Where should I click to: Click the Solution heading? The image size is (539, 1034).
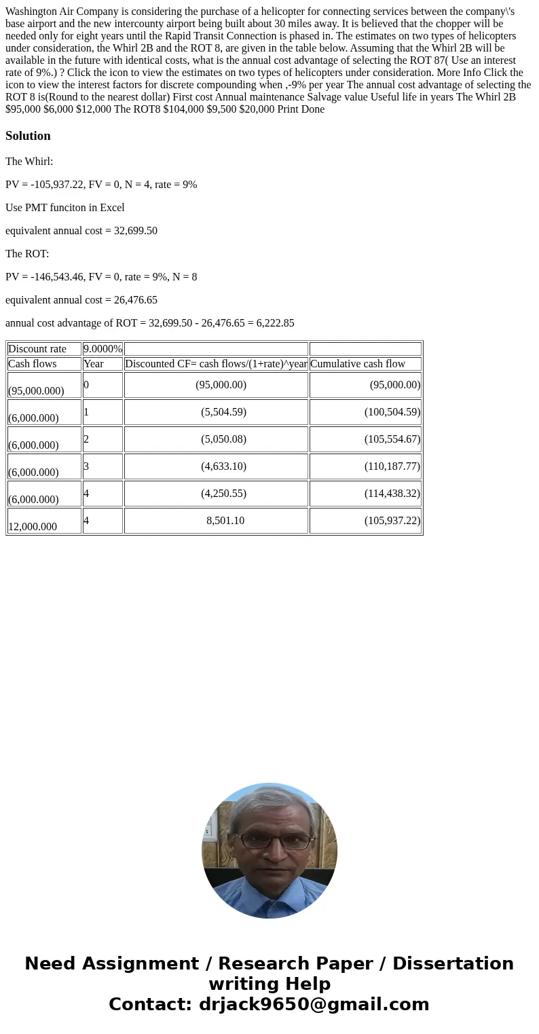[28, 136]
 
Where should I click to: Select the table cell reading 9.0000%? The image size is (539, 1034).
[103, 349]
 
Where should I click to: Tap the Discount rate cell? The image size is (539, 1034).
[37, 349]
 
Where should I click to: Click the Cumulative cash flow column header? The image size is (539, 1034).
[358, 364]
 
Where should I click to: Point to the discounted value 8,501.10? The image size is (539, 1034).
[225, 521]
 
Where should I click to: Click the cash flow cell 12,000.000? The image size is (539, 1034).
[33, 526]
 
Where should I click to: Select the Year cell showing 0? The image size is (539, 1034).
[86, 385]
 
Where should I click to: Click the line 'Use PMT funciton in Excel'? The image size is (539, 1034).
[65, 208]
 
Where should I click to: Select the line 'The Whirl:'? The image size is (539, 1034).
[29, 162]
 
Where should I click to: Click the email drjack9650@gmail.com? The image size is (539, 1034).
[314, 1004]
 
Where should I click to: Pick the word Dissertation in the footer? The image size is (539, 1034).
[453, 964]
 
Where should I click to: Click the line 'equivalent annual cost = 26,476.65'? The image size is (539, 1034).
[81, 300]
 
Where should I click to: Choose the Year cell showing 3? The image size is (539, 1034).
[86, 466]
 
